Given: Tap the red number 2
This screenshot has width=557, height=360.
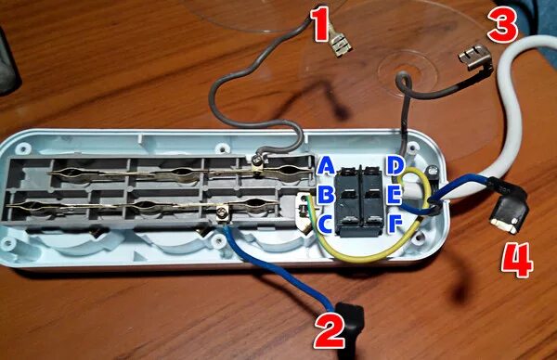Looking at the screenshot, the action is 330,331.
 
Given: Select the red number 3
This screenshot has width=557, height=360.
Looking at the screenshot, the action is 502,26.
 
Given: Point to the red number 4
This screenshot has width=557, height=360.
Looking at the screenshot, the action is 517,260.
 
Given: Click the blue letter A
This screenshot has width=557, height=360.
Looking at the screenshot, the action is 326,166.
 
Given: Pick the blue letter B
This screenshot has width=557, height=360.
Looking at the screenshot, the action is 326,195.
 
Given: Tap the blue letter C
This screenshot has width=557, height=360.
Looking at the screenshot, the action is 326,225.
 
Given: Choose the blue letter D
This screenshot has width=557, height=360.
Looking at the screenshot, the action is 394,165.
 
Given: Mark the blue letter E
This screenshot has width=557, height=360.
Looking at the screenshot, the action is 394,195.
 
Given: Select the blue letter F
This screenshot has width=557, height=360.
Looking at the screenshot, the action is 395,225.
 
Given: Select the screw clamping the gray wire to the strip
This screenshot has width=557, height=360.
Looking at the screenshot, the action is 256,161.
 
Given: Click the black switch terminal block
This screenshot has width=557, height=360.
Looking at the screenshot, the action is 360,201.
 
